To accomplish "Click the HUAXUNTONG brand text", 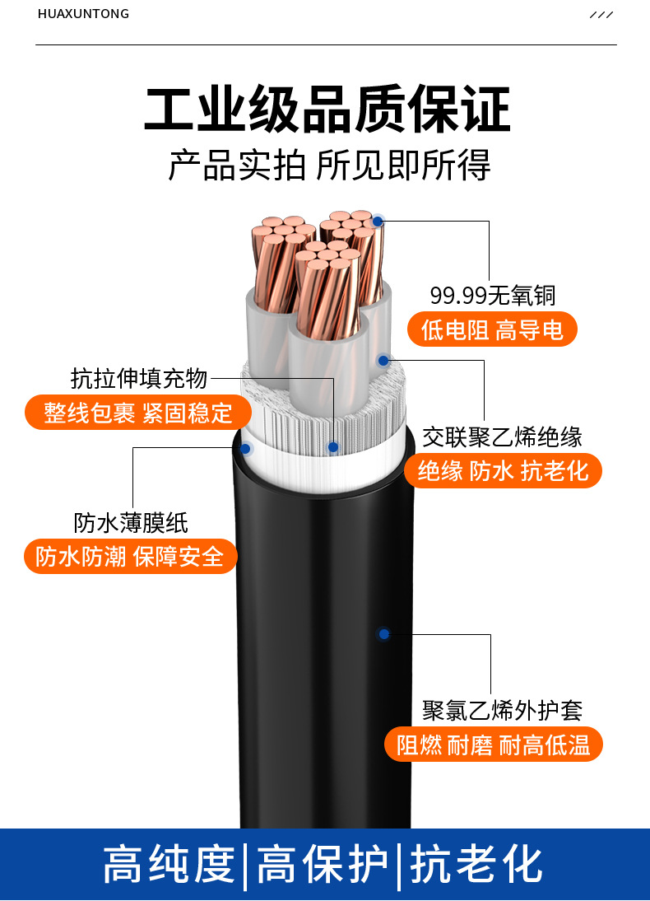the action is [x=83, y=14].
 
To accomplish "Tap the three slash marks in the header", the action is [x=601, y=14].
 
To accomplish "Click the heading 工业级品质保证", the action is [x=327, y=109].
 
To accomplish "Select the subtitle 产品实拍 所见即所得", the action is [x=330, y=165].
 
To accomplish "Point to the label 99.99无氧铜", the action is [x=493, y=296].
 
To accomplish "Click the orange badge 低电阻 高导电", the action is [x=492, y=329].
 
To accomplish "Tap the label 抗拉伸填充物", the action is [x=139, y=379].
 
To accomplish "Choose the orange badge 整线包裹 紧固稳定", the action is [x=137, y=412].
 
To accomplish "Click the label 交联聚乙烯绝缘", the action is [x=503, y=437].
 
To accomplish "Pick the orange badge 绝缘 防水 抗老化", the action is [x=503, y=470].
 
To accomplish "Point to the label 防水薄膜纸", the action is [x=131, y=522].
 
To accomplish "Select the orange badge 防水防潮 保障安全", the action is [x=130, y=556].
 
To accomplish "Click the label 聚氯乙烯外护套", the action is [x=503, y=711].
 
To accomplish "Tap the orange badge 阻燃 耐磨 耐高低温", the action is [x=493, y=745].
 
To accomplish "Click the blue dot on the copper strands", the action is [x=378, y=222].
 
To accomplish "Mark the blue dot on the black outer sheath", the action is [x=384, y=634].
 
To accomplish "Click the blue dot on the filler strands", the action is [x=333, y=447].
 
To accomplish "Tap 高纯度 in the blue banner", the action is [x=169, y=864].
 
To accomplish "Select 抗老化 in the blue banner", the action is [x=476, y=864].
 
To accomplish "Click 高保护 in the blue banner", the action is [x=323, y=864].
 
